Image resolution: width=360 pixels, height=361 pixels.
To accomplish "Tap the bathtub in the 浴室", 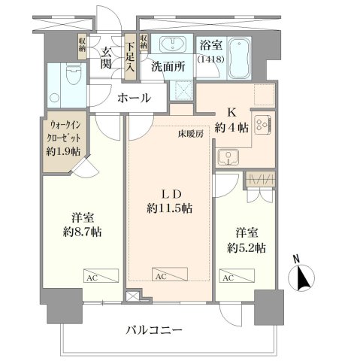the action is pos(240,58).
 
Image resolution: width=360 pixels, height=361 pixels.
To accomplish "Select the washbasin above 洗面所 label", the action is pos(173,44).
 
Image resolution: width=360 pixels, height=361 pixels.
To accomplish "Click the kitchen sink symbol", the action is pos(228,157).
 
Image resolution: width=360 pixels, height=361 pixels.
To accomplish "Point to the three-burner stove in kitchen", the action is pos(263,124).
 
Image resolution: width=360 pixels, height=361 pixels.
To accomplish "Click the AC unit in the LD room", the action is pos(170,274).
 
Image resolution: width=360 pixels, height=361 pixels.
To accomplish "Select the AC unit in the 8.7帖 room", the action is pos(101,275).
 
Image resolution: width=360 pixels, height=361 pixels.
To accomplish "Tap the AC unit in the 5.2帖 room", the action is pos(237,275).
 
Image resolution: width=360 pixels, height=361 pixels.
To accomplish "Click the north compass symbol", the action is pos(301,275).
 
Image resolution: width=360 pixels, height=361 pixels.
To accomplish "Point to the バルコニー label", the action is pos(154,330).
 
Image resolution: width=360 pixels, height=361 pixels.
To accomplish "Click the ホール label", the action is pos(134,98).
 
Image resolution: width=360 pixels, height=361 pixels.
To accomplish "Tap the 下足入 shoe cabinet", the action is pos(130,56).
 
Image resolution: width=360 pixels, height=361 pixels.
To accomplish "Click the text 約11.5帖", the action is pos(170,208).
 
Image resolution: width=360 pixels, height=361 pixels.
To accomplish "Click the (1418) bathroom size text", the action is pos(210,59).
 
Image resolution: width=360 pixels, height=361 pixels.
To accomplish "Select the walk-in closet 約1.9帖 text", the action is pos(63,151).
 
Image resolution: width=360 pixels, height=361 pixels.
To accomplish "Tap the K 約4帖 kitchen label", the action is pos(231,120).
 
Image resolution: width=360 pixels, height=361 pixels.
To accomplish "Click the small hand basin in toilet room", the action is pos(54,98).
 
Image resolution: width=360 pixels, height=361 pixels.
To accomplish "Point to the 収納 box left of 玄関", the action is pos(83,47).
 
